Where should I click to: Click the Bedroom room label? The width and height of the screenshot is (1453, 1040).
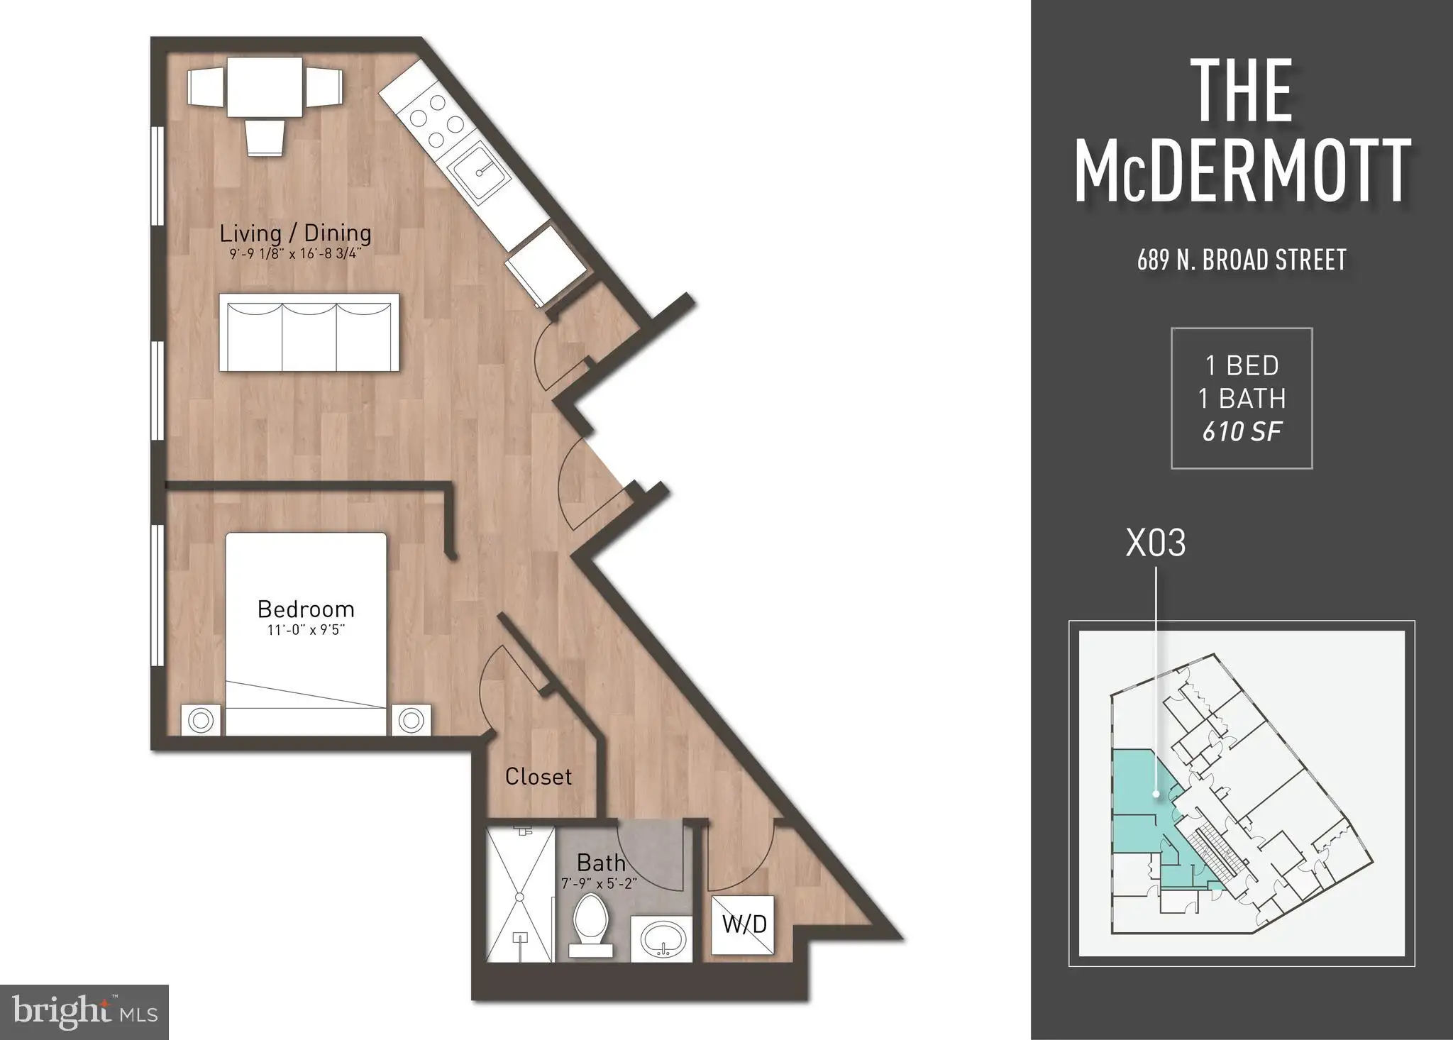(x=306, y=609)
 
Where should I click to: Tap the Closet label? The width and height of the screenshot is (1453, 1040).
(x=538, y=777)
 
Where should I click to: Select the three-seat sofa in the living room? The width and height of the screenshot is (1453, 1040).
(x=309, y=332)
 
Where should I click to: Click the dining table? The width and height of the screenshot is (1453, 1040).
(x=265, y=87)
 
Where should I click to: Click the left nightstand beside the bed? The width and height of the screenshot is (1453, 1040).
(x=201, y=721)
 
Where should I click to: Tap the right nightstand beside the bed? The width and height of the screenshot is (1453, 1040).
(x=411, y=721)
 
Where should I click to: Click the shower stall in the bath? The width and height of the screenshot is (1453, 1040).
(x=521, y=894)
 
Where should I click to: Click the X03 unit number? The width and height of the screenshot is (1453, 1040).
(x=1156, y=543)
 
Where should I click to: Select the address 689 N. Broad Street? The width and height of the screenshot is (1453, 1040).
(x=1242, y=260)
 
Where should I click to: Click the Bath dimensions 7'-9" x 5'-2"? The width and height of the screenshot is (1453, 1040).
(x=600, y=884)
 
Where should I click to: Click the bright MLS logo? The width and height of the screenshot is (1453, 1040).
(x=84, y=1012)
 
